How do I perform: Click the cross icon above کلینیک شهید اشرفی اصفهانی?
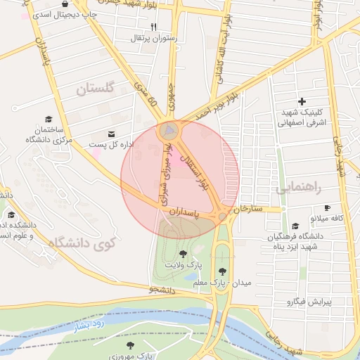[302, 102]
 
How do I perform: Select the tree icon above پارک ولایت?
[184, 254]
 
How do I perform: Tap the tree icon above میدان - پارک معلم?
[222, 271]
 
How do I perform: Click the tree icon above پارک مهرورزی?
[130, 345]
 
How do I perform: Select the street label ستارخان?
[251, 209]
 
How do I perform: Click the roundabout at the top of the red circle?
[169, 130]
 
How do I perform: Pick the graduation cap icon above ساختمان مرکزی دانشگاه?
[49, 119]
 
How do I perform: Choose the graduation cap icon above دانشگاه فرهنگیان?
[295, 226]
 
